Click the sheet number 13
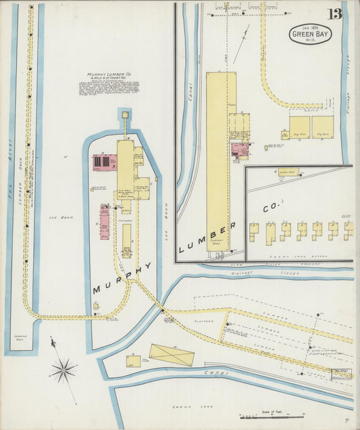(335, 14)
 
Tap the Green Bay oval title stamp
(311, 34)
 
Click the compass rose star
(63, 368)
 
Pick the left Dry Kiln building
(299, 127)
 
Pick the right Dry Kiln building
(322, 127)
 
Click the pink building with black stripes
(104, 162)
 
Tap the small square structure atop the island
(125, 116)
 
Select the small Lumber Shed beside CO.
(288, 172)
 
